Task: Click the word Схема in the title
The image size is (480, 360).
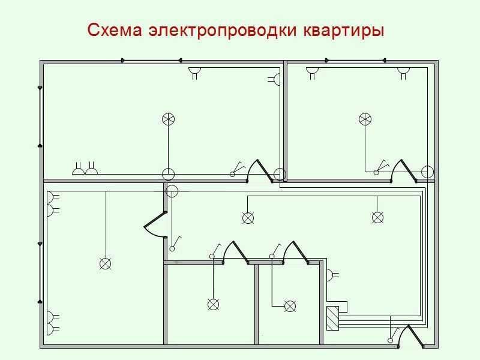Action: pyautogui.click(x=115, y=30)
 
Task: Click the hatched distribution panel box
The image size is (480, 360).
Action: pyautogui.click(x=333, y=319)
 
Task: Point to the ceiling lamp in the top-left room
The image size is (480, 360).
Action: pyautogui.click(x=169, y=119)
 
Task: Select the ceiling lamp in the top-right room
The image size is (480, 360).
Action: pyautogui.click(x=365, y=119)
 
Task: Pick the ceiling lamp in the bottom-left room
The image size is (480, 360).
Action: pyautogui.click(x=106, y=263)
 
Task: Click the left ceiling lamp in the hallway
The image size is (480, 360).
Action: pyautogui.click(x=248, y=218)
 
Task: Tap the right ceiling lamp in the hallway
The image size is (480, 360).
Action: pyautogui.click(x=377, y=218)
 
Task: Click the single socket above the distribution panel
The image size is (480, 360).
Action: pyautogui.click(x=333, y=275)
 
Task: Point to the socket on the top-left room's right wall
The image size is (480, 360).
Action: pyautogui.click(x=274, y=80)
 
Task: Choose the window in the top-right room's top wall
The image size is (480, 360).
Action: pyautogui.click(x=355, y=61)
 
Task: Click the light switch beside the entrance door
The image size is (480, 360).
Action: pyautogui.click(x=394, y=335)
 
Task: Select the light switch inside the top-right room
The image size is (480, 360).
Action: pyautogui.click(x=382, y=167)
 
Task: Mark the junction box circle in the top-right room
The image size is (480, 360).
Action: pyautogui.click(x=427, y=172)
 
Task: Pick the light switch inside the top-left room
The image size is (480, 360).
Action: pyautogui.click(x=237, y=169)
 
